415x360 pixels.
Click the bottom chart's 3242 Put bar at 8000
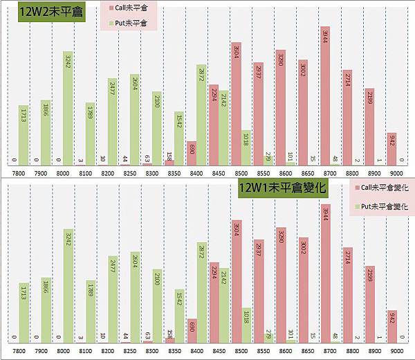click(x=68, y=286)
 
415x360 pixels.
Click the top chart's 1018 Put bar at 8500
click(x=246, y=149)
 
